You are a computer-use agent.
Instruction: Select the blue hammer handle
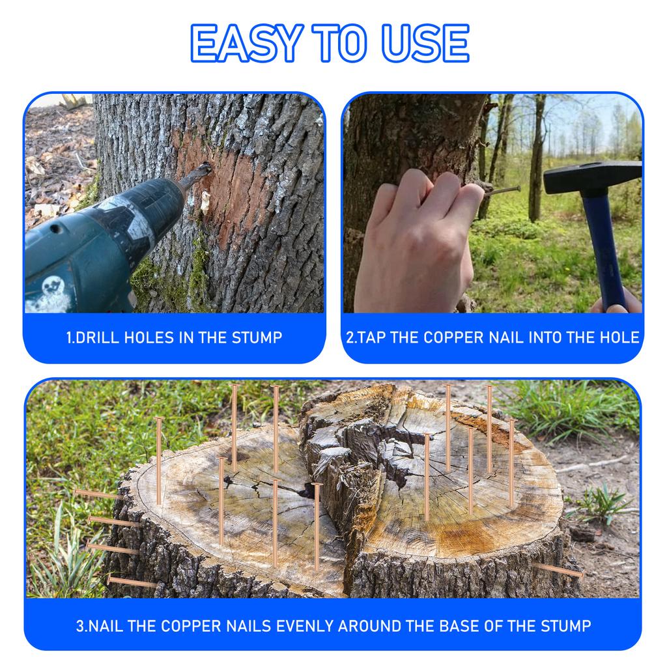tap(603, 248)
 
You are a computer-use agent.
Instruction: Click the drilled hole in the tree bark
tap(207, 167)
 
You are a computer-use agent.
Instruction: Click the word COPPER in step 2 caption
tap(453, 337)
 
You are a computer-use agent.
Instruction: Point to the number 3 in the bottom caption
tap(79, 626)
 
